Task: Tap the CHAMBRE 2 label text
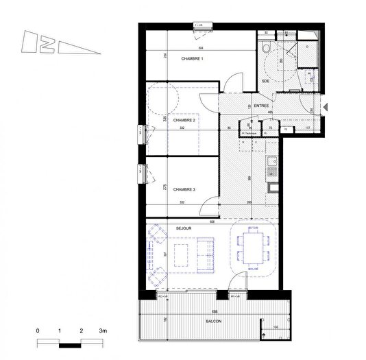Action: coord(184,120)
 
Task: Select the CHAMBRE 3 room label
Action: coord(184,189)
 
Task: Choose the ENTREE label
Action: coord(261,106)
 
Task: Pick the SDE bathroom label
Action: coord(267,82)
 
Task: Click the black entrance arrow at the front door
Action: coord(326,106)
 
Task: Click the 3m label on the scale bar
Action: coord(103,331)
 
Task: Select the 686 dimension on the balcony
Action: coord(216,293)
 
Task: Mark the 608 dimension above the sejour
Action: coord(212,221)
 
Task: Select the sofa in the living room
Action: coord(205,254)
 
